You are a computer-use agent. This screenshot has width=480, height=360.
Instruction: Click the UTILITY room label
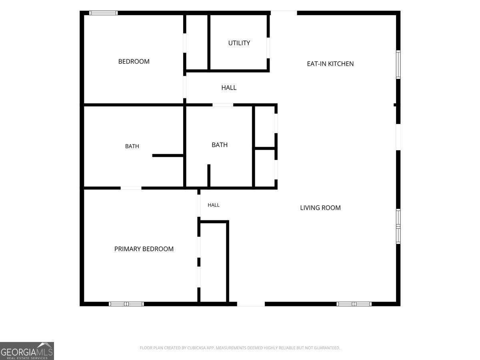click(239, 43)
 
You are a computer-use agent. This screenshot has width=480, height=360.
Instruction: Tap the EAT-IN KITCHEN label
click(330, 64)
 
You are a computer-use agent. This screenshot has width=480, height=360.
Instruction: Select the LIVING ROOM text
click(320, 208)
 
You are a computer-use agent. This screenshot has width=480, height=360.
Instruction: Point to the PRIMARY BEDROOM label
click(144, 249)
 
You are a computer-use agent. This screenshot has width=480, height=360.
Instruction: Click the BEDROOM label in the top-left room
click(134, 62)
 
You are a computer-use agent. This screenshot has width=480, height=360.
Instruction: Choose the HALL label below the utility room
click(229, 88)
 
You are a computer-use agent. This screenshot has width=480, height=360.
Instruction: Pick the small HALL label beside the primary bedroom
click(214, 205)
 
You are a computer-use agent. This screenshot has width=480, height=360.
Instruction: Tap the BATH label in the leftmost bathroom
click(132, 146)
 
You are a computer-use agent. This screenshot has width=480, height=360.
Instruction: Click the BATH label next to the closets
click(220, 145)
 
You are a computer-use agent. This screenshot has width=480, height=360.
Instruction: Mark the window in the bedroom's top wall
click(104, 13)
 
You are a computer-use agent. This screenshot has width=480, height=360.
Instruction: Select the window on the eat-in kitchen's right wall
click(398, 64)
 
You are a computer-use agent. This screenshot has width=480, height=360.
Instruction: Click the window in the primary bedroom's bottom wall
click(126, 304)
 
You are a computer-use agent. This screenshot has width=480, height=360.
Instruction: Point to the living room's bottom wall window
click(354, 304)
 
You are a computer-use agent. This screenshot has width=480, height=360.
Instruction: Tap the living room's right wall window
click(398, 226)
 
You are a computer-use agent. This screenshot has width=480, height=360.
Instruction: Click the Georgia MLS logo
click(27, 351)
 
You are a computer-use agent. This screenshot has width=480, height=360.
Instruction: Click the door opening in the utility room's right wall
click(268, 48)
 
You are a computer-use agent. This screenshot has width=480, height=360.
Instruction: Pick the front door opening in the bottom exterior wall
click(251, 304)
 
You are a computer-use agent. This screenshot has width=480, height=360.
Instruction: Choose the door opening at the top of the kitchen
click(284, 13)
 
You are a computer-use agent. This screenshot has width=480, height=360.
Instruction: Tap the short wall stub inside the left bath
click(168, 156)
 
